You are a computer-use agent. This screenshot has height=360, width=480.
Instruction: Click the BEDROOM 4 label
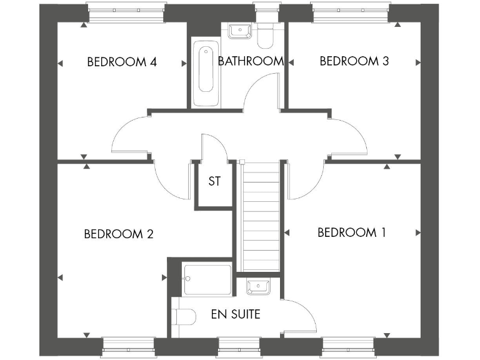[121, 61]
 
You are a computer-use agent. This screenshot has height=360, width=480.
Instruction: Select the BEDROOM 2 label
[119, 234]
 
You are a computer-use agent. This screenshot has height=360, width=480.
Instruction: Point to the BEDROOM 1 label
[351, 232]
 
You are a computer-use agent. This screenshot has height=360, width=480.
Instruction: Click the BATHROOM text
[251, 61]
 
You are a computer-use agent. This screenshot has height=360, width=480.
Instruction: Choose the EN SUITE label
[235, 314]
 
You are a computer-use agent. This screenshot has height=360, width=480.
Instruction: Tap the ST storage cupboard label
[214, 182]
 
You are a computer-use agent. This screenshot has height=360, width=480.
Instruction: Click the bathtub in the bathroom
[206, 74]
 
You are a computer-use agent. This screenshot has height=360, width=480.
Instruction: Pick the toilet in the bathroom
[266, 36]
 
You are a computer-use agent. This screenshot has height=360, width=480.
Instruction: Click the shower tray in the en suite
[207, 279]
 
